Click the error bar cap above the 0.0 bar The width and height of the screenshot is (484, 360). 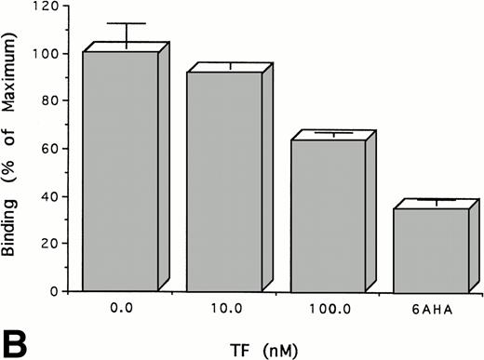coord(127,23)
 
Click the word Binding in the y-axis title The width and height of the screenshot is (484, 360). coord(13,223)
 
